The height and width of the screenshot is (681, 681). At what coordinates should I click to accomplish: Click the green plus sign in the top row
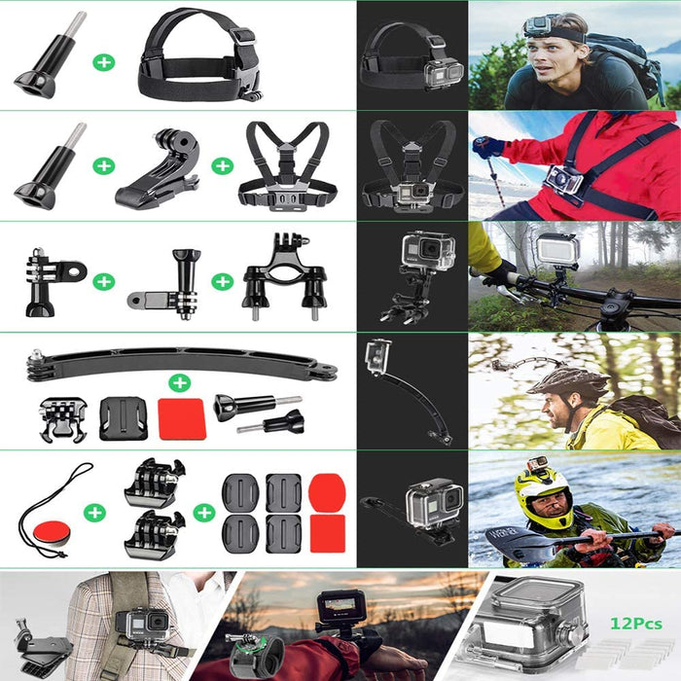(104, 62)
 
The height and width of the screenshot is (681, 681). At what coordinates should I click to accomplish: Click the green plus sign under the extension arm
(179, 382)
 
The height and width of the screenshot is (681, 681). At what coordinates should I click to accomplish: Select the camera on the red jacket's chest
(562, 180)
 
